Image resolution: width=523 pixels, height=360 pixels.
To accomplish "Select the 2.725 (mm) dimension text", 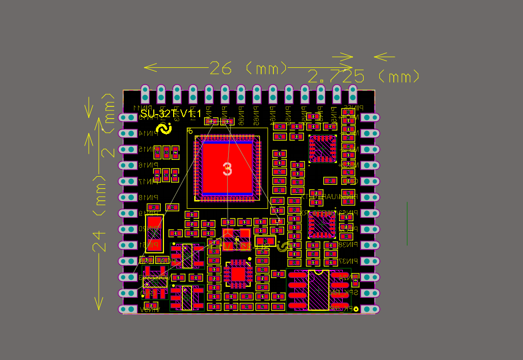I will point(364,77).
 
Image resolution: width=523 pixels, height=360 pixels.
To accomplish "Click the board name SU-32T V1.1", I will point(171,114).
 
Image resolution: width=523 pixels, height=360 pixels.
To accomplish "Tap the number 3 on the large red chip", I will point(228,169).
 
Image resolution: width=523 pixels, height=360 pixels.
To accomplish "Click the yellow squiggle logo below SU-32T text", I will point(164,129).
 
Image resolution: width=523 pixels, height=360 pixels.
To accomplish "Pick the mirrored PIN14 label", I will point(148,133).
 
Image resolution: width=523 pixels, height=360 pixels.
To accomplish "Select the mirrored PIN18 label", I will point(148,197).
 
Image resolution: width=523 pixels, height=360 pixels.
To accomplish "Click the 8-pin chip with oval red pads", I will point(319,290).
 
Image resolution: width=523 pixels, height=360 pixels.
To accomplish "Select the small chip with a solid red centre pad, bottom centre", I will point(238,274).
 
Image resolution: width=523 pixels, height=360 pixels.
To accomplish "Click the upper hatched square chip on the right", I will point(323,149).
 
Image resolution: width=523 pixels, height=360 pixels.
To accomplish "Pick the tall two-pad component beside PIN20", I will point(154,233).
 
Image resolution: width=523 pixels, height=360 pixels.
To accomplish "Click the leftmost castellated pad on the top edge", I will point(145,95).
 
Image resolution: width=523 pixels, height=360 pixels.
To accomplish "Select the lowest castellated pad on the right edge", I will point(370,309).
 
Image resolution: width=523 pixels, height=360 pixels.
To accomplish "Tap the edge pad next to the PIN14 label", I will point(128,133).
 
